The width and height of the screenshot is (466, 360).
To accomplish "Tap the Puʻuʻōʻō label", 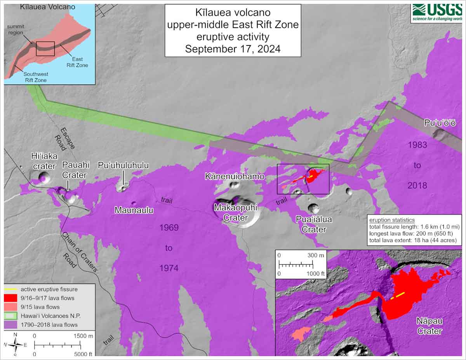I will click(440, 123).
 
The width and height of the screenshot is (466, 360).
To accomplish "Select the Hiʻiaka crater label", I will click(44, 161).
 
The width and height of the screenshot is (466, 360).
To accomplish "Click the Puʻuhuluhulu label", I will click(123, 165).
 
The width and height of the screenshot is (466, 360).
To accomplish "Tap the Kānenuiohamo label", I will click(235, 176).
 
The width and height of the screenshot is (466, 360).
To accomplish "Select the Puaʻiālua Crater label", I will click(314, 224).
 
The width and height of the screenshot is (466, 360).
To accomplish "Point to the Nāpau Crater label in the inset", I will click(429, 326).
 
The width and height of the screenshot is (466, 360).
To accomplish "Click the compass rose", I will click(15, 344).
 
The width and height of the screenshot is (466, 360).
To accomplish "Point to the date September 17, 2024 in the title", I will click(233, 49).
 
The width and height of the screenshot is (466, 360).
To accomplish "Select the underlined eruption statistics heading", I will click(391, 220).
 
